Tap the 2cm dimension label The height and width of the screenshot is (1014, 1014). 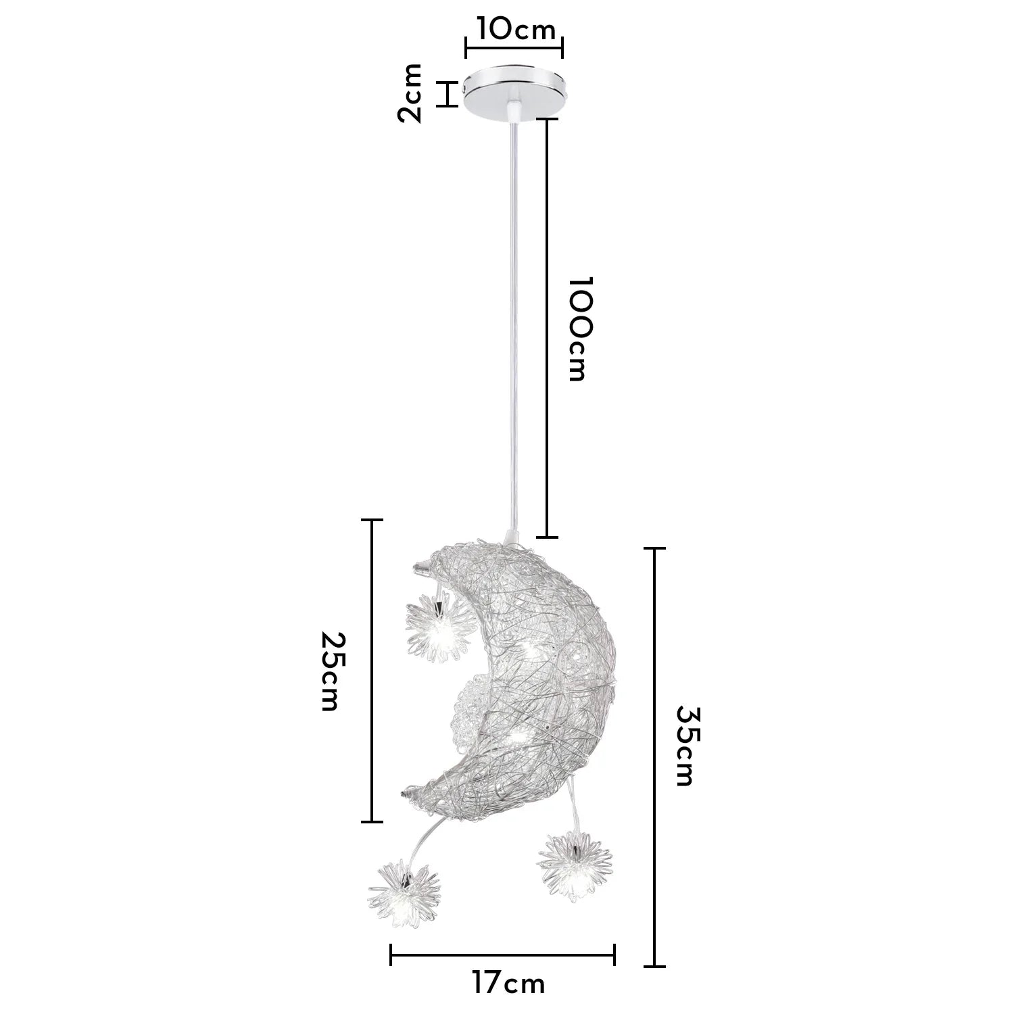tap(410, 93)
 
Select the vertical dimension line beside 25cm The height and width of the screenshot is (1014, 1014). tap(372, 671)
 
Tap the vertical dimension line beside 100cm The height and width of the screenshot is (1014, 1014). tap(547, 329)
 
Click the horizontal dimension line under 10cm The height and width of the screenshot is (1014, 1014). tap(514, 47)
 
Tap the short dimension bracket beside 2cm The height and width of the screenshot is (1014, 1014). tap(446, 93)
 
